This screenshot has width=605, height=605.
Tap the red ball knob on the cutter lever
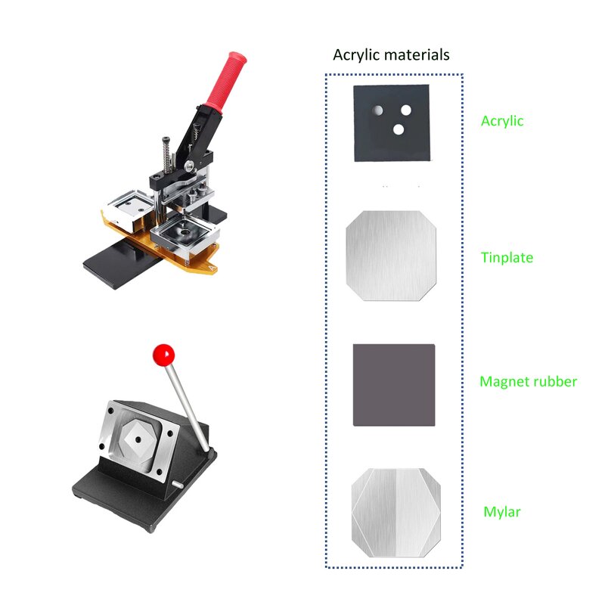point(163,353)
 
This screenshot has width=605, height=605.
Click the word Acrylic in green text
point(502,121)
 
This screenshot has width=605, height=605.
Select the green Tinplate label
point(507,258)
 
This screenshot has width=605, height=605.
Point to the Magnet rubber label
point(528,382)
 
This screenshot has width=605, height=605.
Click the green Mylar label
point(502,512)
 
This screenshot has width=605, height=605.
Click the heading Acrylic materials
point(391,55)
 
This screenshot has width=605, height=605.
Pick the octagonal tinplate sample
point(392,256)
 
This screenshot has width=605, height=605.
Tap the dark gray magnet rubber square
point(394,384)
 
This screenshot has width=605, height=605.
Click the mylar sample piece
point(396,513)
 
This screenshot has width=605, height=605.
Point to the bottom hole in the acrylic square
point(399,129)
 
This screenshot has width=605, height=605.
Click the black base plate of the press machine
point(113,261)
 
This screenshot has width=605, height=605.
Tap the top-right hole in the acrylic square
point(406,110)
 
